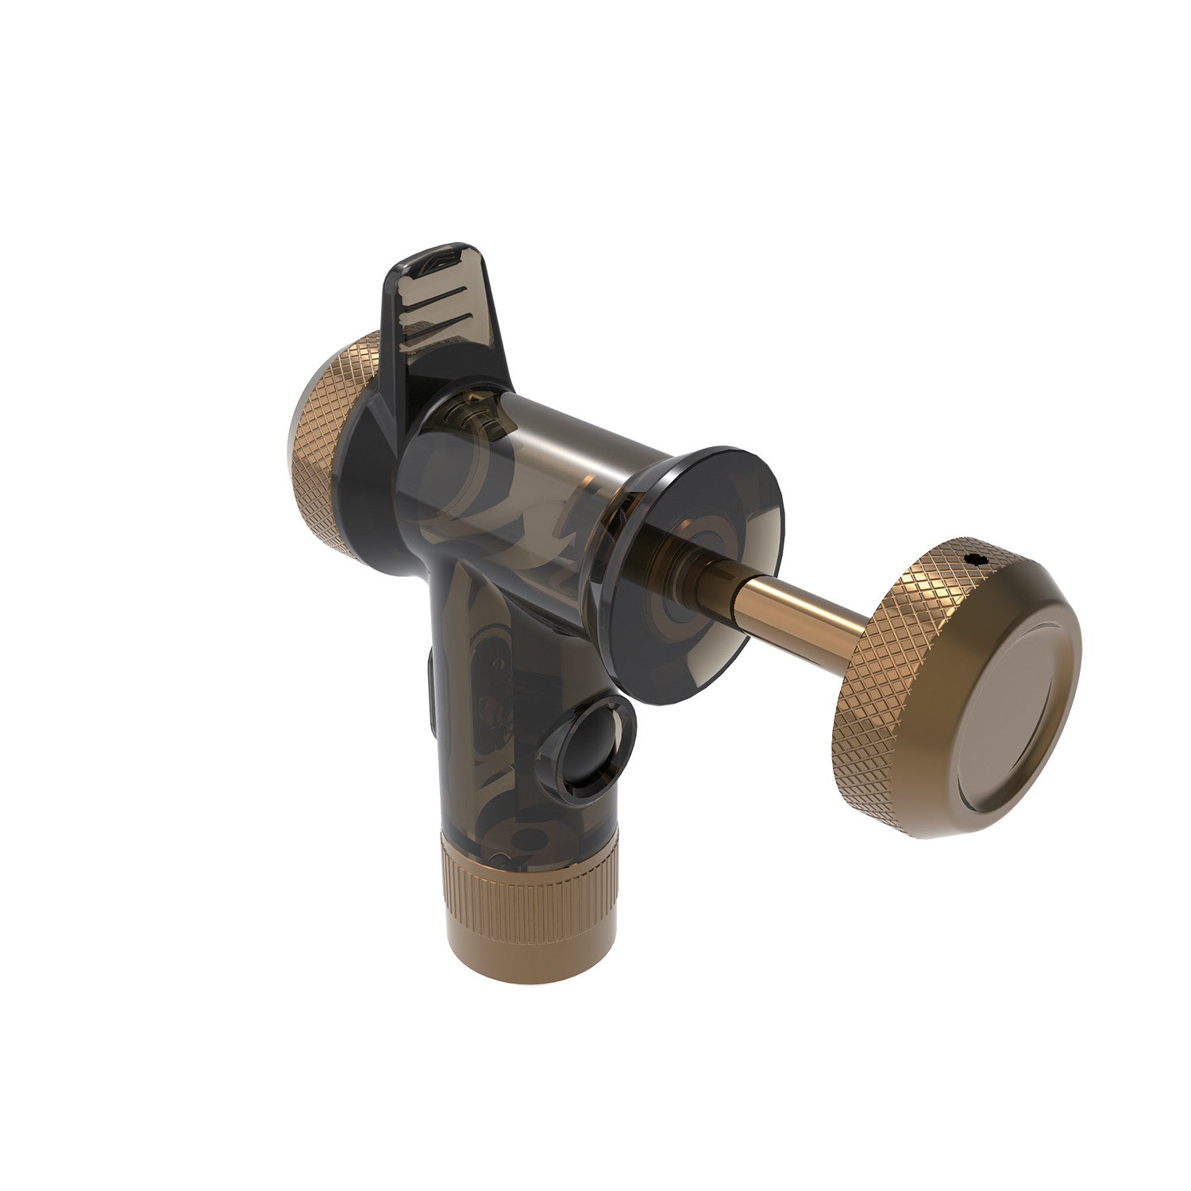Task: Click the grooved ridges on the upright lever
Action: point(425,306)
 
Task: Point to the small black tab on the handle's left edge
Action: point(431,687)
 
